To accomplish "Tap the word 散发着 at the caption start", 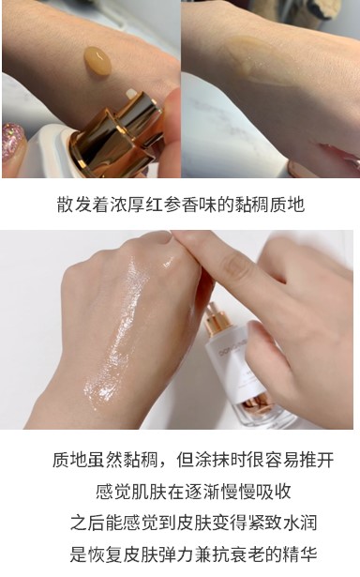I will (x=83, y=204).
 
